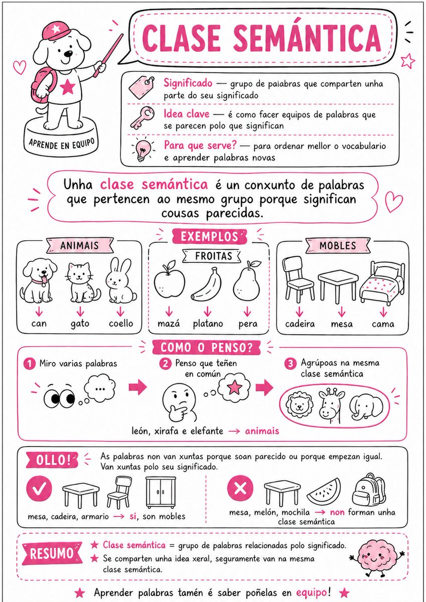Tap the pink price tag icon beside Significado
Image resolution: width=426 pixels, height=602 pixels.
141,86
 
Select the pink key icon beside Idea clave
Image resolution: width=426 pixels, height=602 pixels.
142,117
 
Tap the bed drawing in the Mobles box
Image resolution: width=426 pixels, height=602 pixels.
382,283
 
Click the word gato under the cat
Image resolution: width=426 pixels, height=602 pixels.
80,324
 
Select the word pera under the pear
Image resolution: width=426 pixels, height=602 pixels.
248,324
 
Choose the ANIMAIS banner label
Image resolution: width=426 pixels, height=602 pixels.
80,245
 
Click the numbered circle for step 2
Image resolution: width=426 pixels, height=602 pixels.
165,364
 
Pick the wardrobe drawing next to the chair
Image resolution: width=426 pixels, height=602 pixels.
161,492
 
